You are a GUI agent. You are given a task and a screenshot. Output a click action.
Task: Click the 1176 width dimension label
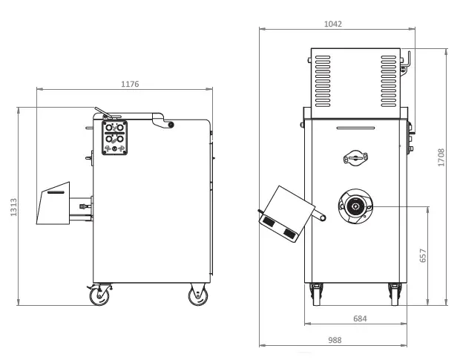coord(130,84)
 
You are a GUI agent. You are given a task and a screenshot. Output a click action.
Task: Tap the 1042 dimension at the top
coord(333,24)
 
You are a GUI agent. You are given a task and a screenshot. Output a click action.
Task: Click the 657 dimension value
coord(423,255)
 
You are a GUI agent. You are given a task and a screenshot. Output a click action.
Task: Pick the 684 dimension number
coord(359,318)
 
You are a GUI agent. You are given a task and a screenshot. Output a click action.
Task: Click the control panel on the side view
coord(114,137)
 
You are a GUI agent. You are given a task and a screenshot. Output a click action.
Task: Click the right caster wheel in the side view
coord(198,296)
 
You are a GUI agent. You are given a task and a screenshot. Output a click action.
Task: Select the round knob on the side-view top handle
coord(171,125)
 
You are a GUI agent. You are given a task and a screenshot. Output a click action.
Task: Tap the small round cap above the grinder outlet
coord(355,157)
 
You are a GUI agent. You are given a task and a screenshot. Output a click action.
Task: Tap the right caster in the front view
coord(394,293)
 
